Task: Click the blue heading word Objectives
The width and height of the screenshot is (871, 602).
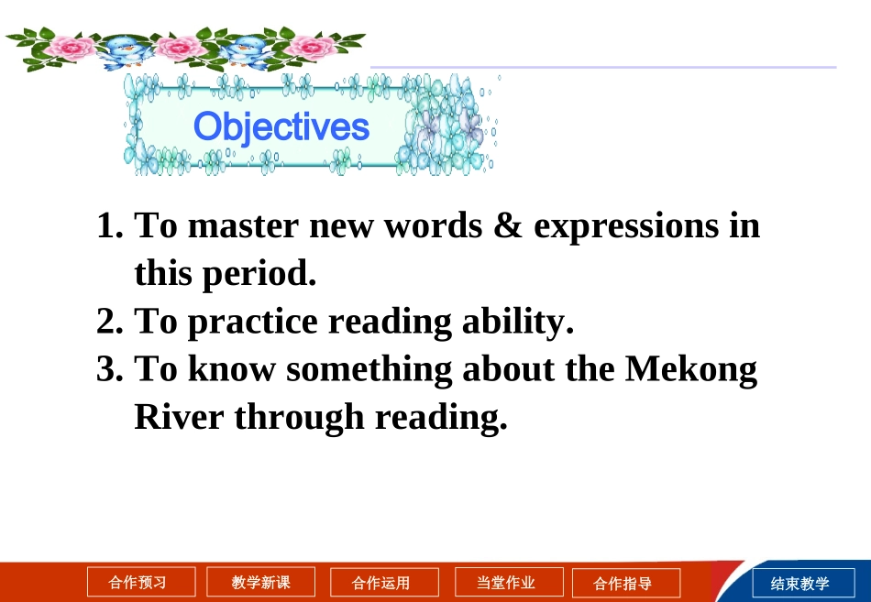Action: [x=281, y=127]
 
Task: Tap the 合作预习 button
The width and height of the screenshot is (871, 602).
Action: [x=141, y=582]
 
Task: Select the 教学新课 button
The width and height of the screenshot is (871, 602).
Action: [x=260, y=582]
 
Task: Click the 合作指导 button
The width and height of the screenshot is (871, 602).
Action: [x=626, y=583]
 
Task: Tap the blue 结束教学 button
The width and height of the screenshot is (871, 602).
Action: [x=803, y=583]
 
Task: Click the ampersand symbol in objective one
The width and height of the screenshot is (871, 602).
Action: [x=508, y=225]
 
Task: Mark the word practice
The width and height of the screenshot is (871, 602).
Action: [x=253, y=323]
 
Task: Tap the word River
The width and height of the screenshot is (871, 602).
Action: [x=179, y=417]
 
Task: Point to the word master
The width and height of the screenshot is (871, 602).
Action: [x=243, y=226]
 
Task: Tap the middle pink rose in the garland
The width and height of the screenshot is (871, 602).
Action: [x=179, y=48]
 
